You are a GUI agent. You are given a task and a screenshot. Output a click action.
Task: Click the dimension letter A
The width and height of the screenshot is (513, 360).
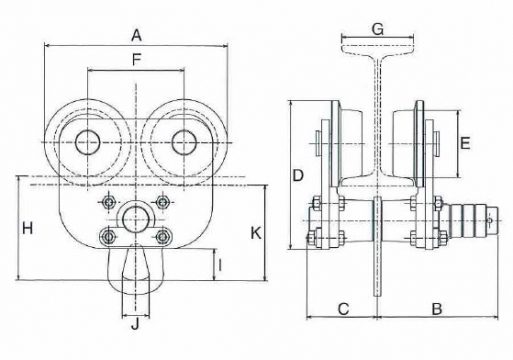(136, 35)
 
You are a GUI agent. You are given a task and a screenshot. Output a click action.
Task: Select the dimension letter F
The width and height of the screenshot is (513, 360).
(136, 60)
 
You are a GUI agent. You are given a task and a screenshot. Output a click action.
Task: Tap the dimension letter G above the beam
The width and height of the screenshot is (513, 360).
(378, 29)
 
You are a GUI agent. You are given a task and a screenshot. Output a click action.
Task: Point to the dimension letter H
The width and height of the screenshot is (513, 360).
(27, 229)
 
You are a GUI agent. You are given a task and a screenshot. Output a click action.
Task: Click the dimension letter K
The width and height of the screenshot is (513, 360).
(256, 233)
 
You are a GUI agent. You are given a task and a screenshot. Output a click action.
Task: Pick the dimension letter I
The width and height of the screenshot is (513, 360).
(220, 265)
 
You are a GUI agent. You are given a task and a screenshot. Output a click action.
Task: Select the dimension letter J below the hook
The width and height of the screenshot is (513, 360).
(135, 324)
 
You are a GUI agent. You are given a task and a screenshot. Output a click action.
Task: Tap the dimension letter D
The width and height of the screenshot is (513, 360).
(298, 175)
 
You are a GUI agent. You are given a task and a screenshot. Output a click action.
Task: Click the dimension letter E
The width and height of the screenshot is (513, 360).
(465, 143)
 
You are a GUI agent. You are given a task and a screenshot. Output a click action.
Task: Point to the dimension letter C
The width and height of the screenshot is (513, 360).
(343, 309)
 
